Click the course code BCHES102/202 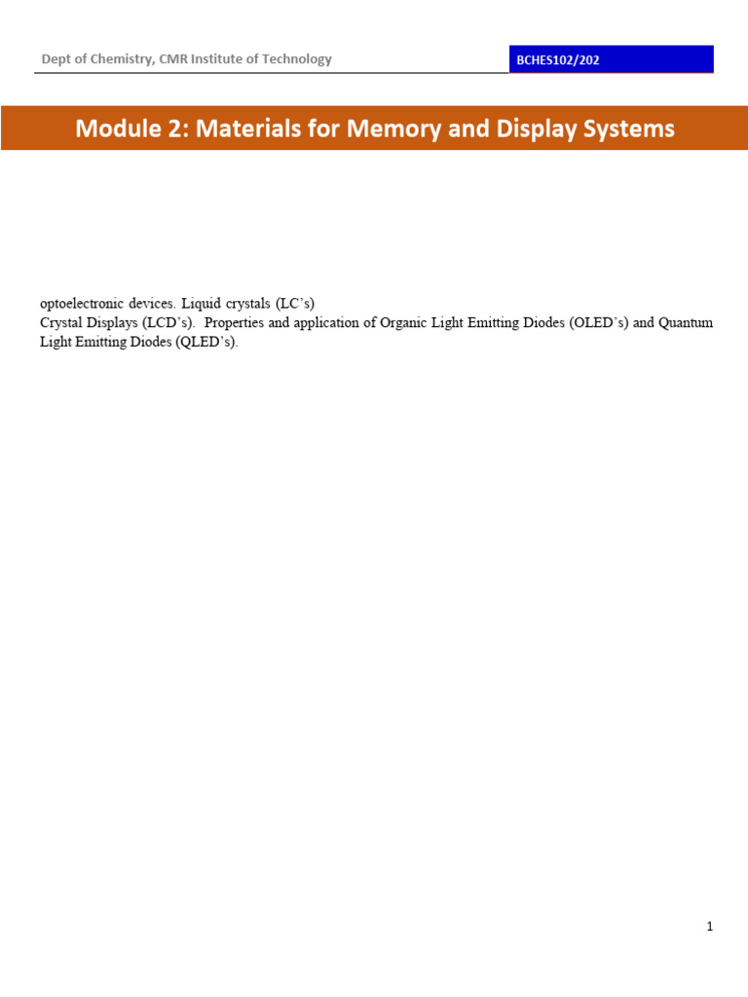click(x=558, y=60)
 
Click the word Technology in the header click(x=298, y=59)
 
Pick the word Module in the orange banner click(x=118, y=129)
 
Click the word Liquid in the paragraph click(x=204, y=303)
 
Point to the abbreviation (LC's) click(x=293, y=303)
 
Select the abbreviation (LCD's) click(x=170, y=322)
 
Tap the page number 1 click(x=710, y=927)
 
